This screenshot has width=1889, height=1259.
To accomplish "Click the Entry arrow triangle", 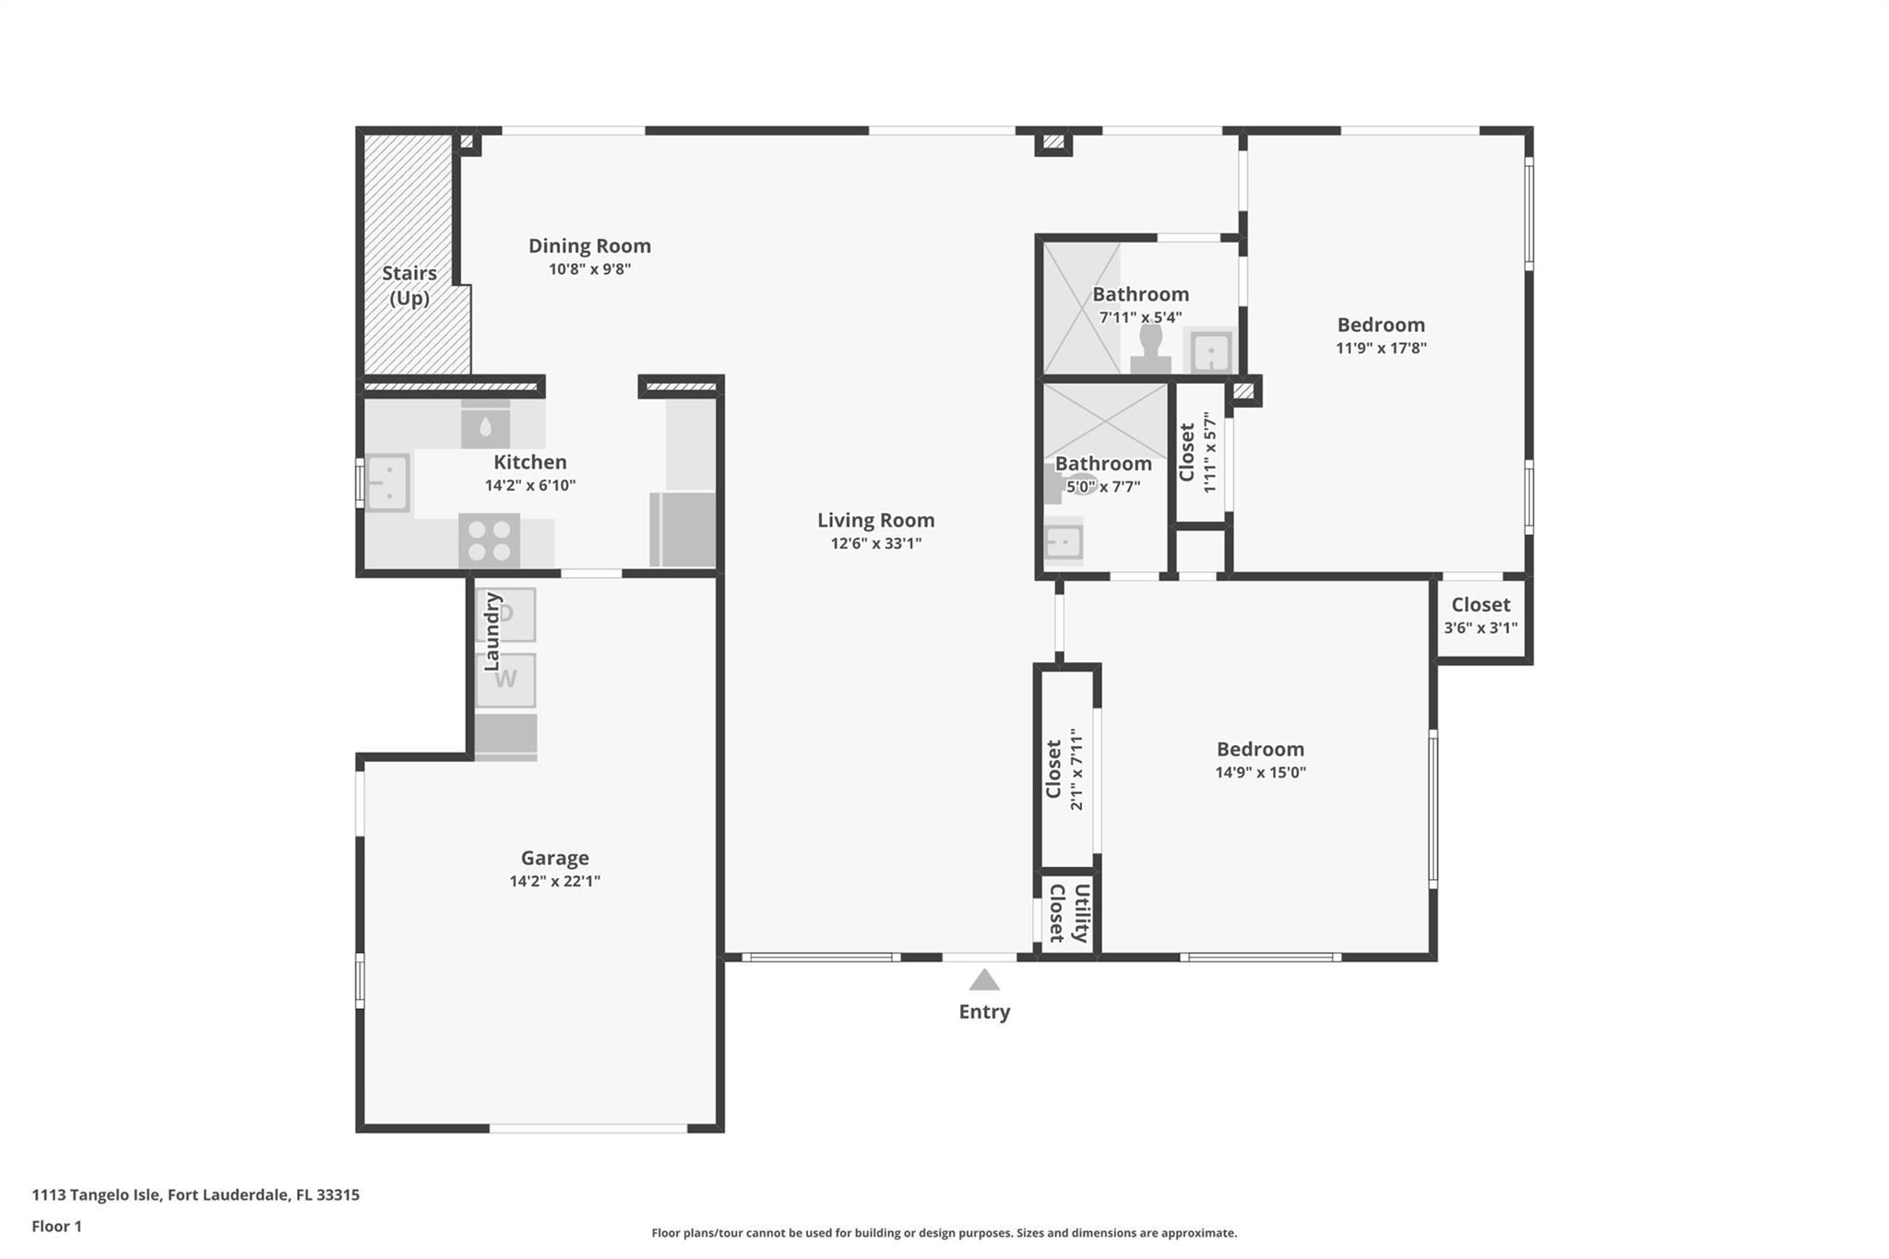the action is point(984,980).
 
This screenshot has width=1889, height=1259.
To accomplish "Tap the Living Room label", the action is point(875,520).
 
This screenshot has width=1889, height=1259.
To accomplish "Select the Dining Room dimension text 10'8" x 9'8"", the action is point(589,269).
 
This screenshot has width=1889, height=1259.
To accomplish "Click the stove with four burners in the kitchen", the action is point(489,540).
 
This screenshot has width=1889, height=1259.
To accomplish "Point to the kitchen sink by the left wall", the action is point(387,482).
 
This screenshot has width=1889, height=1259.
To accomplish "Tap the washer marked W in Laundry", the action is point(505,681).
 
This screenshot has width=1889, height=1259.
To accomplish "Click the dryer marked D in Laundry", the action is point(505,614).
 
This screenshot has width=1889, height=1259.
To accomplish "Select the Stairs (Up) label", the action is point(410,286).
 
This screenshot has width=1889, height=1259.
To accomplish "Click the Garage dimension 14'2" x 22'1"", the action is point(554,881).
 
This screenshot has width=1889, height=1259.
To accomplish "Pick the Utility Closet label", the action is point(1069,913).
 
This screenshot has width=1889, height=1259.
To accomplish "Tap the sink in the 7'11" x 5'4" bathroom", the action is point(1210,350).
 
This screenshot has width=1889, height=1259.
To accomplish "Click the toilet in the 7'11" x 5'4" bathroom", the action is point(1150,349).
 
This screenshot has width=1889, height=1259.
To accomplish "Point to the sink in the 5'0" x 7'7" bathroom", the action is point(1063,541).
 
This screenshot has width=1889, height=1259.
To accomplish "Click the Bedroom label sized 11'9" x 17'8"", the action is point(1381,325).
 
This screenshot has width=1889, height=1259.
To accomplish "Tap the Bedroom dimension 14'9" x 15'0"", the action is point(1260,773).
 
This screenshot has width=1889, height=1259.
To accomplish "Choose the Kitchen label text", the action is point(530,462).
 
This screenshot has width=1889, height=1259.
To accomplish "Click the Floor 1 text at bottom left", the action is point(57,1227).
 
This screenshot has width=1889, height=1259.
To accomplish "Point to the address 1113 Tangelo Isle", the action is point(97,1195).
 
